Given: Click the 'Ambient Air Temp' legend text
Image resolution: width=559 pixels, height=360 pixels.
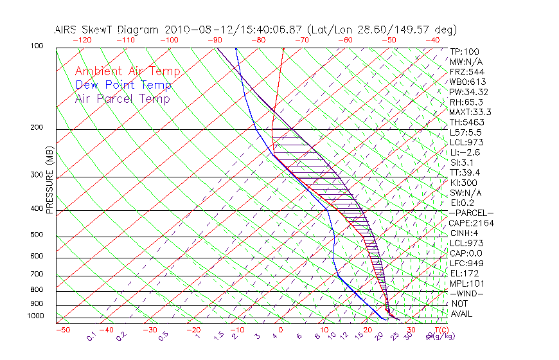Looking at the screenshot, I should [127, 72].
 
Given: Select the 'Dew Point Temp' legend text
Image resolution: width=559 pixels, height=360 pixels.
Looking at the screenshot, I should [123, 85].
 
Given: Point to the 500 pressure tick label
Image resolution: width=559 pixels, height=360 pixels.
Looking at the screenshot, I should [37, 235].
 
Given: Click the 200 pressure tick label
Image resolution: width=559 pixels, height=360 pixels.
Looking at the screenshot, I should [37, 128].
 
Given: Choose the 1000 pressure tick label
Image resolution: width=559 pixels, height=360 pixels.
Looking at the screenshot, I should [35, 316].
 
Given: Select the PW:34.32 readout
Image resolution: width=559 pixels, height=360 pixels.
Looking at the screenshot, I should [469, 92].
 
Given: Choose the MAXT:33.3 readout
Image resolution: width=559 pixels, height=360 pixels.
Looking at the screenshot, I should [470, 112].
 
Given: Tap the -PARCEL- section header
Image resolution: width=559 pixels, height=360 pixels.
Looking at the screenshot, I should [471, 213].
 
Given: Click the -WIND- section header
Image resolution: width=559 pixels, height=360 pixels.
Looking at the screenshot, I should [467, 293].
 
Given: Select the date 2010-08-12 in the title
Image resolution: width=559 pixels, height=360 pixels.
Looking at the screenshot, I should [192, 30].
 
